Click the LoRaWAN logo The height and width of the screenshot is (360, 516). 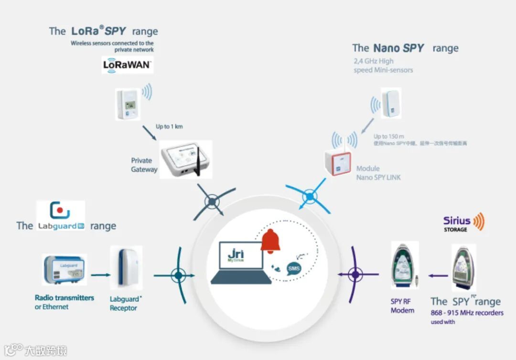point(127,65)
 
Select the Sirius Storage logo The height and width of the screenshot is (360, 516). point(463,223)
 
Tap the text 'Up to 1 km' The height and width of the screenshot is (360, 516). point(169,127)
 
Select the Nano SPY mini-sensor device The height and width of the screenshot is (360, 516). point(391,103)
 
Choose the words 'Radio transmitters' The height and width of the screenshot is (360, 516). point(64,297)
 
